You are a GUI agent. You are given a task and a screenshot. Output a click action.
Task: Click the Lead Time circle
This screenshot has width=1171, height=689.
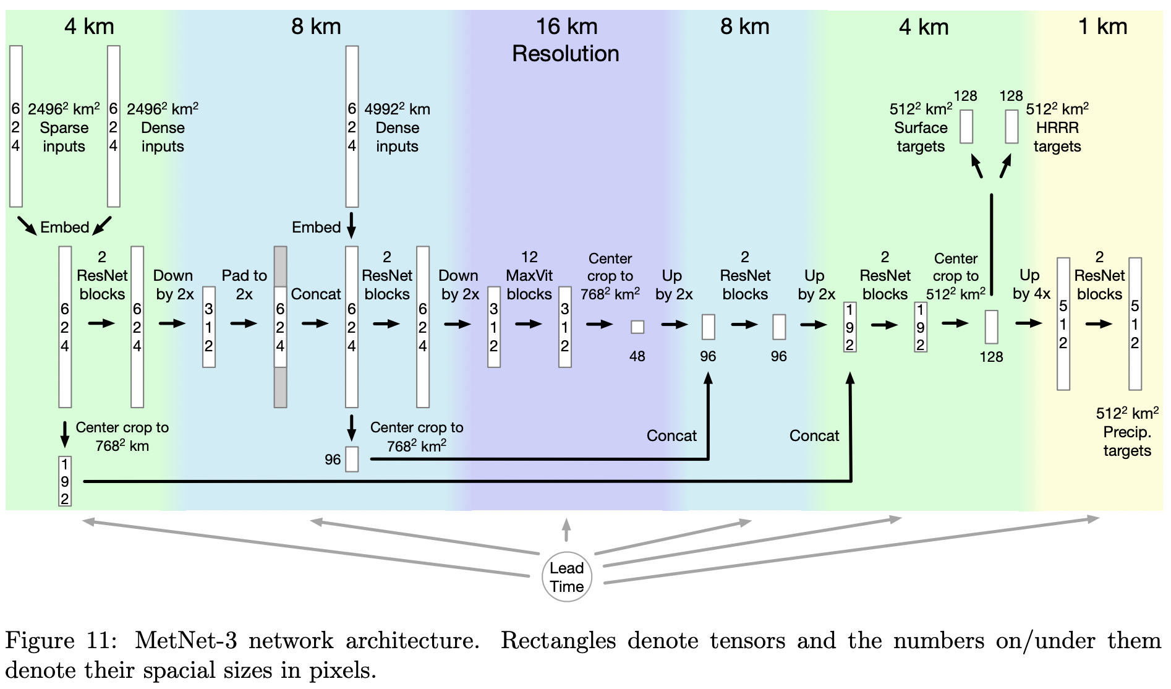567,577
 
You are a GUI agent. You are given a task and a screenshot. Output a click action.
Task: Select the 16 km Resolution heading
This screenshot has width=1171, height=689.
566,40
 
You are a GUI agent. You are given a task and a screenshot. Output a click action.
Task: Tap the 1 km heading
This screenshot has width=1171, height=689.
1102,27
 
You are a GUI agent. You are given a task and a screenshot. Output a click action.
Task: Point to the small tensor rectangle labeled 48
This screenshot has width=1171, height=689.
637,327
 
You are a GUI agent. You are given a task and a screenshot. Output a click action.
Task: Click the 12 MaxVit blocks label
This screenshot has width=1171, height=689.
529,276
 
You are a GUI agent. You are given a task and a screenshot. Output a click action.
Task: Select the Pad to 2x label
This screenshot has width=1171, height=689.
244,285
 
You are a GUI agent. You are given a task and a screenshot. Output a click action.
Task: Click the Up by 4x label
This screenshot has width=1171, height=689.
1031,285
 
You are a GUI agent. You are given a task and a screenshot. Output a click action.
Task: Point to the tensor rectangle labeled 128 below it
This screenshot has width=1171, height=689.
991,327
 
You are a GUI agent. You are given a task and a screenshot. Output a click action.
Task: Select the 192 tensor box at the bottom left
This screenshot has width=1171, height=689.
65,481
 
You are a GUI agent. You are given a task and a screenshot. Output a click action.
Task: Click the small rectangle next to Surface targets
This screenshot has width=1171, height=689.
966,126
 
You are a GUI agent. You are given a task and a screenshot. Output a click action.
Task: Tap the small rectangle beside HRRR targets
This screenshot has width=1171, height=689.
1011,126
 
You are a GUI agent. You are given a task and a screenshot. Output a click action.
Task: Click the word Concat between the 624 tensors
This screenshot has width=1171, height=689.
316,294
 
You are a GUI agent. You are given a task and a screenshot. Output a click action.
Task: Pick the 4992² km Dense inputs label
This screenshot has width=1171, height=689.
397,128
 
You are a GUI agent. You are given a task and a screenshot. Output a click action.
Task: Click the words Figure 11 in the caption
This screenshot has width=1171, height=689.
61,641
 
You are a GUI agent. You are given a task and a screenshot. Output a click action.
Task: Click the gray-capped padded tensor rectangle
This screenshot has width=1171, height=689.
280,327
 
